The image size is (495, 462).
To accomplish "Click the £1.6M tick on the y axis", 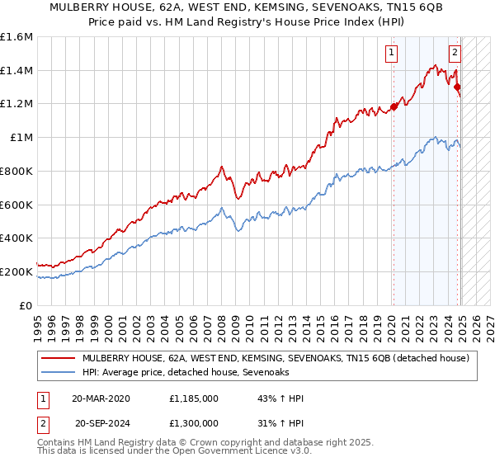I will click(x=16, y=37).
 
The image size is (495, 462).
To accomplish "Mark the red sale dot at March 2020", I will click(x=394, y=106).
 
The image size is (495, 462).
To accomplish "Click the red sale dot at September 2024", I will click(x=458, y=87).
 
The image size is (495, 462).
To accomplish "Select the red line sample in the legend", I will click(x=59, y=358).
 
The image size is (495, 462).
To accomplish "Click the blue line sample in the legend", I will click(x=59, y=373).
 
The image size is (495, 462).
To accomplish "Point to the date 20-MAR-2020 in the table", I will click(x=102, y=398).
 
